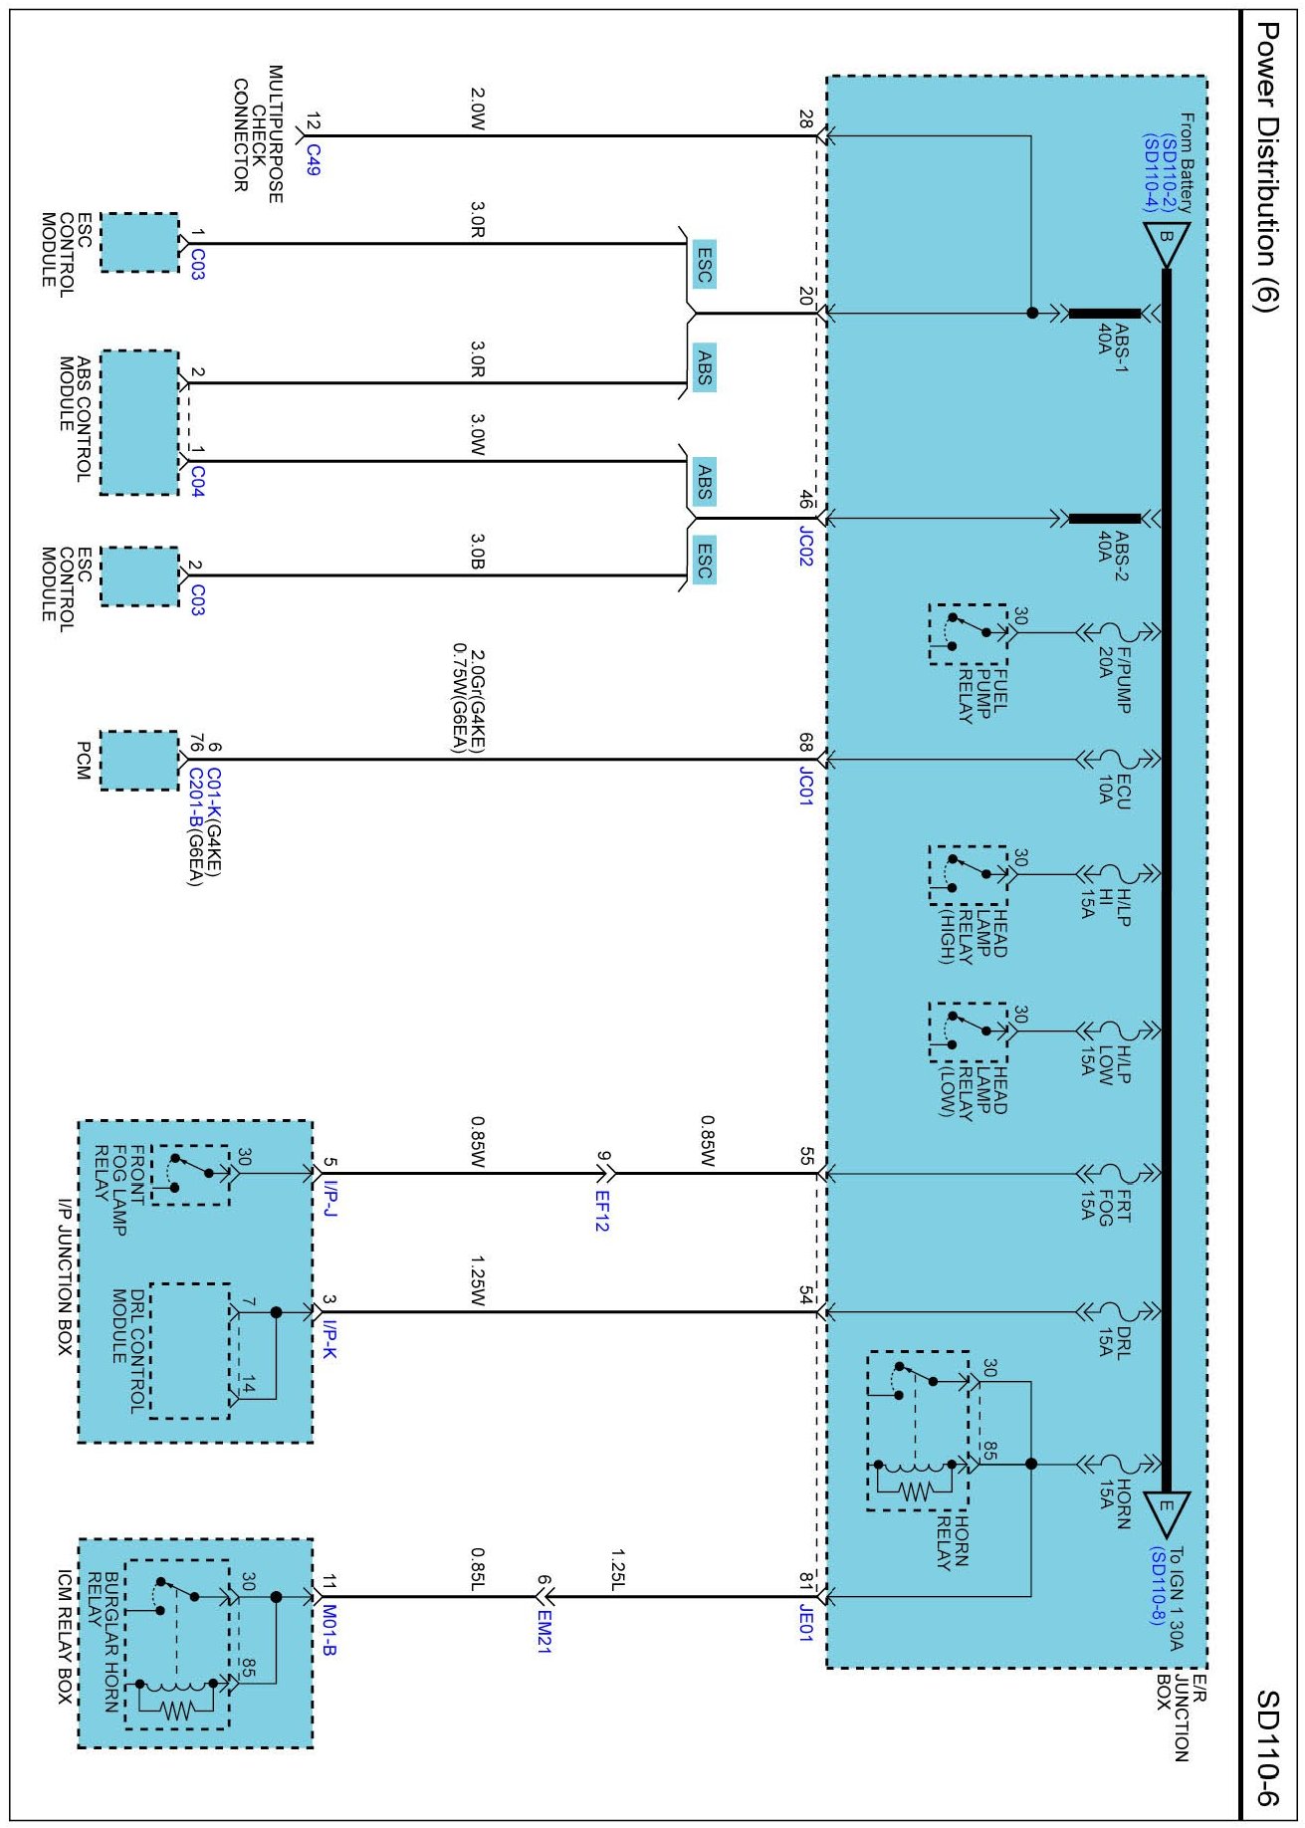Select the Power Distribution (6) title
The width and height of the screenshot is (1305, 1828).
[x=1266, y=167]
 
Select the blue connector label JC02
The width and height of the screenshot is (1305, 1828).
[x=805, y=547]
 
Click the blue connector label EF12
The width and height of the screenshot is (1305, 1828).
[x=601, y=1211]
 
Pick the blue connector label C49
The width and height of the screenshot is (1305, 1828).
[x=313, y=159]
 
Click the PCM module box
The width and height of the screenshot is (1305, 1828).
[x=139, y=761]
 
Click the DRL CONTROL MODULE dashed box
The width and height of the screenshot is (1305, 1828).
[x=189, y=1350]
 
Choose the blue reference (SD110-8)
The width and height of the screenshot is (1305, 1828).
[x=1156, y=1587]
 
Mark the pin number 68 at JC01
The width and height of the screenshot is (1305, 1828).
[x=804, y=742]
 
